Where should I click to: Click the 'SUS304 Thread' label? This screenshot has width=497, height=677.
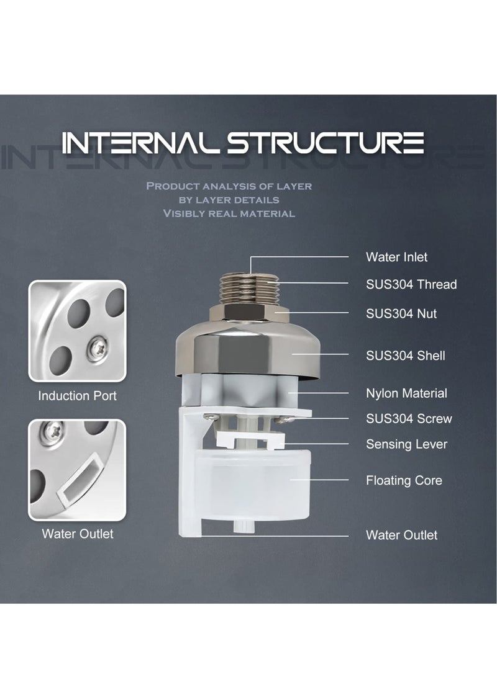[x=411, y=285]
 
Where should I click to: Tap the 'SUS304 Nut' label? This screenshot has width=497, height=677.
[x=401, y=314]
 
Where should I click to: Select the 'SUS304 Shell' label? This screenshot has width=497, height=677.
[x=405, y=356]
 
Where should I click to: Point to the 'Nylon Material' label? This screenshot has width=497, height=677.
[x=406, y=393]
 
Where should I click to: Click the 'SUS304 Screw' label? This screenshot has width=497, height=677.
[x=409, y=419]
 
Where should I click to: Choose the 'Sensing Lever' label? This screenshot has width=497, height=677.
[x=406, y=444]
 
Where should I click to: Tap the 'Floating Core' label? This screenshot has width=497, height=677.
[x=404, y=480]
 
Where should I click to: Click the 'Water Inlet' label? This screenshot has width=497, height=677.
[x=396, y=257]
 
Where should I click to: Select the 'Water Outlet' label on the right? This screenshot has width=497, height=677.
[x=401, y=535]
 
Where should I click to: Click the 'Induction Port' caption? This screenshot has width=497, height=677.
[x=77, y=396]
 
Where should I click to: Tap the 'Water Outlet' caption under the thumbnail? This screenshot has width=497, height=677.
[x=77, y=534]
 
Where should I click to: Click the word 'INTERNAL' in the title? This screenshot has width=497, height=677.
[x=140, y=143]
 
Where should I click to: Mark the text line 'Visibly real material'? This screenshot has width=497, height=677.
[x=229, y=213]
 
